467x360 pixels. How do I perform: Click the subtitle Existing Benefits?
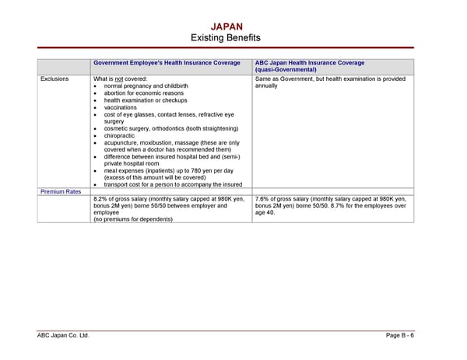(x=226, y=38)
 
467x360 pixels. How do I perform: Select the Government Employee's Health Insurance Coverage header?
(x=167, y=63)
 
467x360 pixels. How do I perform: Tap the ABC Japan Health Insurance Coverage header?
(x=310, y=63)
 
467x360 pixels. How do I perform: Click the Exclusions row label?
(x=54, y=79)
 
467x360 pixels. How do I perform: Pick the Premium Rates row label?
(x=60, y=191)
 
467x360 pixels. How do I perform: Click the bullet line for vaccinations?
(x=120, y=107)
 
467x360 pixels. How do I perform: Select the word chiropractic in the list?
(x=121, y=135)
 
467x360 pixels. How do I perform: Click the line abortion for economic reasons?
(x=145, y=93)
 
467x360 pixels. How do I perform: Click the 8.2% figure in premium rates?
(x=100, y=199)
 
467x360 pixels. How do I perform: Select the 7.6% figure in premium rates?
(x=262, y=199)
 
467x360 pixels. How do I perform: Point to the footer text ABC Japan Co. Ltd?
(x=63, y=335)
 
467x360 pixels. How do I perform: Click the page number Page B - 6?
(x=400, y=335)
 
